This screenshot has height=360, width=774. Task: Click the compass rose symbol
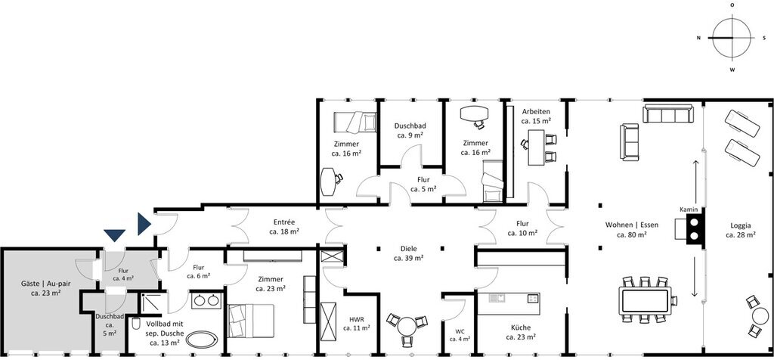coord(732,38)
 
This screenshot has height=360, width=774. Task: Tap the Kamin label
coord(689,209)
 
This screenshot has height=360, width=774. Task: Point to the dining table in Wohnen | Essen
coord(645,299)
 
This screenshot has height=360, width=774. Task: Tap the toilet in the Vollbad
coord(136,324)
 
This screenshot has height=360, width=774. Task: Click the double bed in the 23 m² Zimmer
coord(251,321)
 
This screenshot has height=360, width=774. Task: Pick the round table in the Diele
coord(407,327)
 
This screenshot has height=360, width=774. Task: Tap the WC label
coord(460,331)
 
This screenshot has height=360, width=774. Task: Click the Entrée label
coord(284,222)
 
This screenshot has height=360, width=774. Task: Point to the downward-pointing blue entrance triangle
coord(115,235)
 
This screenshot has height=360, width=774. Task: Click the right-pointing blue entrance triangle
coord(144,224)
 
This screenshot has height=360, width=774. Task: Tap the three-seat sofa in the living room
coord(667,113)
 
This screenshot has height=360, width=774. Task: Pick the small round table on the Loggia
coord(761,316)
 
